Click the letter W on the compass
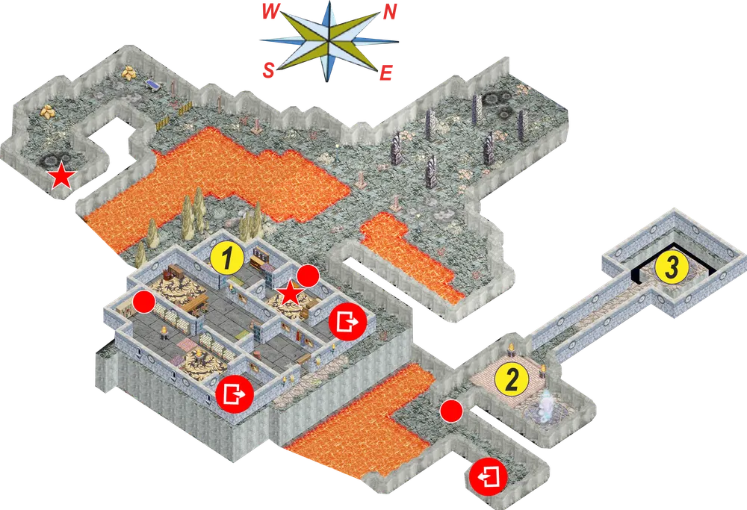click(x=270, y=11)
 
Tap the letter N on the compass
click(x=390, y=11)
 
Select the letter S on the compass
click(x=268, y=70)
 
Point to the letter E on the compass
click(x=385, y=73)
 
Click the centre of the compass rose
click(x=329, y=41)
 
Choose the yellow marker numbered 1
click(x=227, y=258)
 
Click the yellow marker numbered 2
click(x=512, y=379)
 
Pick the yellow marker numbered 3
click(x=672, y=267)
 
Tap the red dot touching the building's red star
click(x=308, y=276)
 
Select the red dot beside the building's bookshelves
click(x=144, y=302)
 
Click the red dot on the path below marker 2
click(x=451, y=411)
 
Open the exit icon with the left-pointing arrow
click(x=488, y=476)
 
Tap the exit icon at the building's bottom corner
click(x=235, y=394)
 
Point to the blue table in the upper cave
click(x=153, y=84)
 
